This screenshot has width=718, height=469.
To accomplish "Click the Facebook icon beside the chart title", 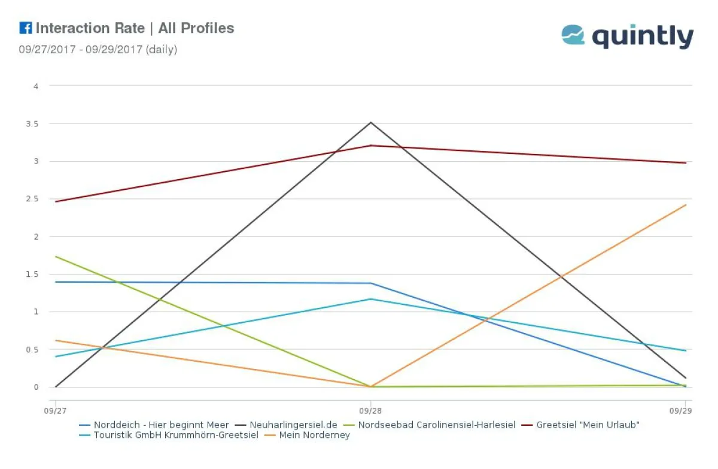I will pyautogui.click(x=25, y=28).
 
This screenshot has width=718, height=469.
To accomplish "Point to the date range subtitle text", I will pyautogui.click(x=98, y=50).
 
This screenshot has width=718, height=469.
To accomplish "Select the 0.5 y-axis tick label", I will pyautogui.click(x=35, y=349).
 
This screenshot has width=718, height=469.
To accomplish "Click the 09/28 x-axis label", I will pyautogui.click(x=370, y=411).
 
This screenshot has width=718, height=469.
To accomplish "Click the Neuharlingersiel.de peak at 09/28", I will pyautogui.click(x=371, y=123).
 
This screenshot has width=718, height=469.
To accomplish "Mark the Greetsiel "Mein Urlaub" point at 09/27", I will pyautogui.click(x=55, y=201).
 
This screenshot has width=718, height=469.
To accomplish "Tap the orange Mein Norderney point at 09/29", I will pyautogui.click(x=686, y=205).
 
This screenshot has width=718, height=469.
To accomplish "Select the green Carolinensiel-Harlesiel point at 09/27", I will pyautogui.click(x=55, y=256).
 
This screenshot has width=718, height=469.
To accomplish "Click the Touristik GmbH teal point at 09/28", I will pyautogui.click(x=371, y=299).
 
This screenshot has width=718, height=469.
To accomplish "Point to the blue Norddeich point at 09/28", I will pyautogui.click(x=371, y=283).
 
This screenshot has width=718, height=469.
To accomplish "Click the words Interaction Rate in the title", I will pyautogui.click(x=90, y=28).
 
